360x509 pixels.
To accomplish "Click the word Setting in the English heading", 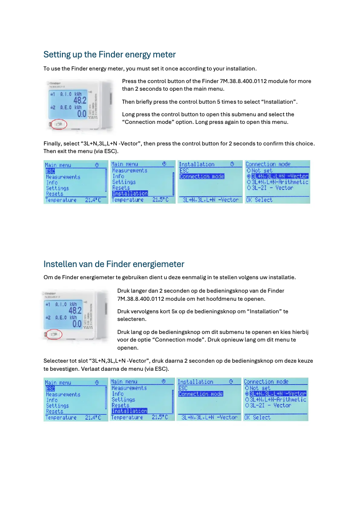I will tap(57, 55).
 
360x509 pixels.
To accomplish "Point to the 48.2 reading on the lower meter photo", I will tap(75, 310).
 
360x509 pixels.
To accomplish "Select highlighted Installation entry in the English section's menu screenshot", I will tap(130, 193).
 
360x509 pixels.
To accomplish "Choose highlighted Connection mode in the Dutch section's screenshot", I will tap(201, 394).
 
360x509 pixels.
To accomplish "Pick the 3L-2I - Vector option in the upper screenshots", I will tap(272, 188).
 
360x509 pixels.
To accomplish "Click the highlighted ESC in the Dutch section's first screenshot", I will tap(50, 388).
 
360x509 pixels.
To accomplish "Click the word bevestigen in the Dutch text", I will tap(61, 369).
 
